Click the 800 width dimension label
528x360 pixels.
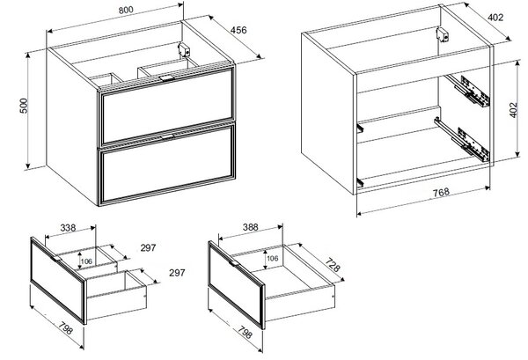[x=126, y=10]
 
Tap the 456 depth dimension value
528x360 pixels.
[x=238, y=30]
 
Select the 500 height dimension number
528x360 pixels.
[x=24, y=106]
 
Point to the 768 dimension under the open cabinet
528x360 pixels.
[x=441, y=192]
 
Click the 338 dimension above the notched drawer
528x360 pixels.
[x=68, y=228]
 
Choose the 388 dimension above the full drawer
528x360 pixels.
[x=251, y=227]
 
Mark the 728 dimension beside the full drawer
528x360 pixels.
[x=333, y=265]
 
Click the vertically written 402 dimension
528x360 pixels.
[x=513, y=110]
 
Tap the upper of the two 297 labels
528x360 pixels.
[x=148, y=248]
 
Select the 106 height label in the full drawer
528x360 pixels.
[x=273, y=258]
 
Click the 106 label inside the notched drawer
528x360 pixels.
[x=86, y=261]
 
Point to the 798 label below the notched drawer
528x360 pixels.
[x=65, y=328]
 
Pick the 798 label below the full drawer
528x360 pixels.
[x=245, y=333]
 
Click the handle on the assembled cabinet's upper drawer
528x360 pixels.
[x=166, y=78]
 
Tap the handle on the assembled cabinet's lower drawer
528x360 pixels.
[x=167, y=136]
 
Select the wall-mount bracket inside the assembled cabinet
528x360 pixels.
[x=184, y=50]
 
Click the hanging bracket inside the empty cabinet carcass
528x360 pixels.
[x=443, y=35]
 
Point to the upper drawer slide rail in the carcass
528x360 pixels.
[x=468, y=91]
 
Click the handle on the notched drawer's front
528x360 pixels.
[x=56, y=258]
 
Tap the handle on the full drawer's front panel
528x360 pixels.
[x=234, y=263]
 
